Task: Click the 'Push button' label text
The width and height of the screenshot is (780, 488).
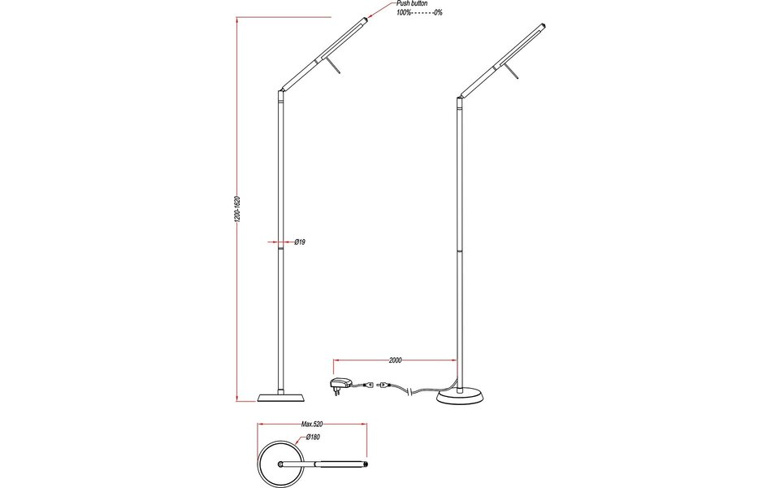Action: point(412,4)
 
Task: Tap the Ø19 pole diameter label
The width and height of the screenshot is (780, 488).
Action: point(299,242)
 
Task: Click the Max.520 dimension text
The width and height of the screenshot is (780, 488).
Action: point(313,424)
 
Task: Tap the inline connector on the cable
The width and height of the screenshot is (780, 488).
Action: point(382,385)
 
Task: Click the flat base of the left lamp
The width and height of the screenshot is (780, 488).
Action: point(282,397)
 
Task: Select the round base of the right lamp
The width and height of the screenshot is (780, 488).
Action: point(461,396)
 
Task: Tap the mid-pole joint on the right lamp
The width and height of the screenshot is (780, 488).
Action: point(459,251)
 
